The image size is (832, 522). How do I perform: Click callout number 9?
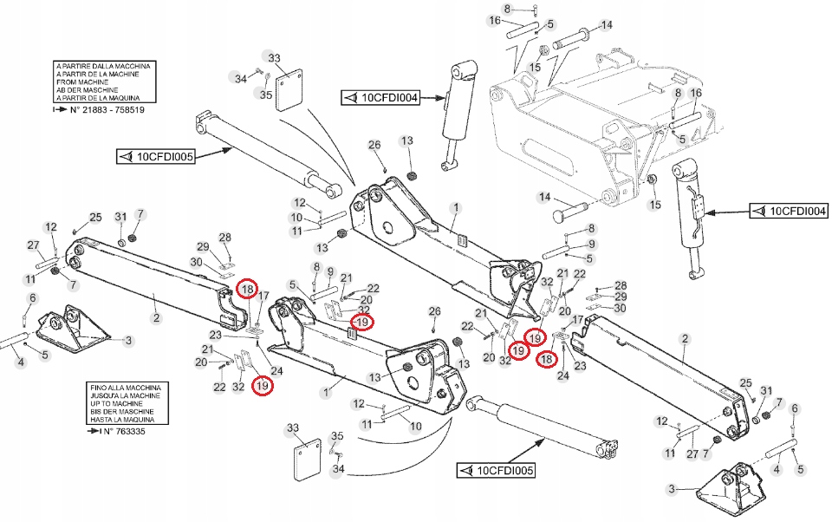tap(331, 271)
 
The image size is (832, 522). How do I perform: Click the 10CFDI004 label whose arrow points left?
tap(380, 98)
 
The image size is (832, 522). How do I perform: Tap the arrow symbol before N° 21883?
tap(58, 110)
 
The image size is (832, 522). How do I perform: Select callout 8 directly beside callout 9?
tap(316, 266)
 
